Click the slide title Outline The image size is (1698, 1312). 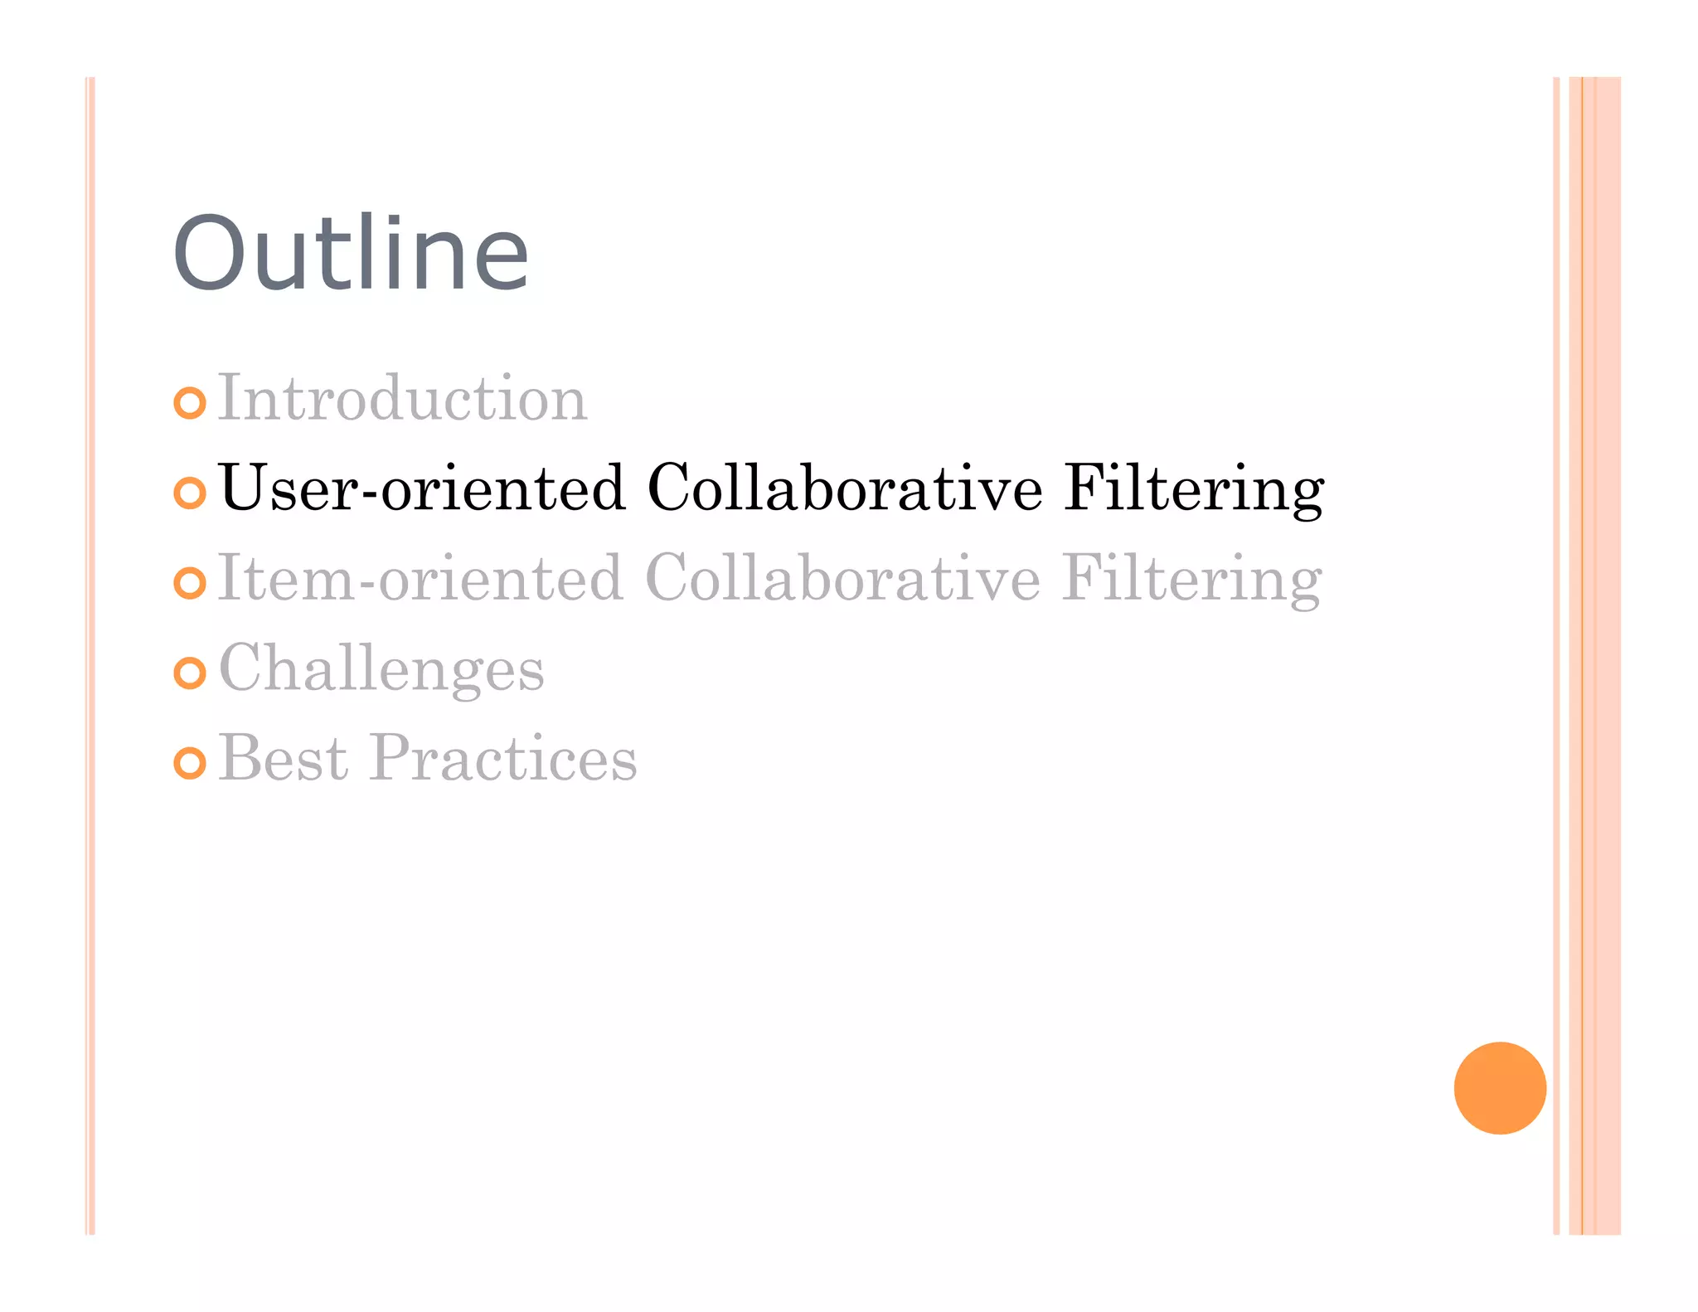pos(350,254)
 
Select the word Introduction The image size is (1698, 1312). pos(402,399)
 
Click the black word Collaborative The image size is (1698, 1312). pos(844,488)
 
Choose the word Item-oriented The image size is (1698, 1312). pos(420,578)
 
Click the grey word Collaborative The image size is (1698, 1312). pos(842,578)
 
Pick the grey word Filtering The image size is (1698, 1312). pos(1191,580)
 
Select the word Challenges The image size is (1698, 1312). pos(381,669)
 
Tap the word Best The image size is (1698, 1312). pos(283,759)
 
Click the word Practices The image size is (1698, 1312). pos(503,759)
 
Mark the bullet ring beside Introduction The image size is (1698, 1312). pos(190,403)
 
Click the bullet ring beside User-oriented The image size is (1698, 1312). pos(190,493)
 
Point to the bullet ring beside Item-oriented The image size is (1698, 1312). pos(190,583)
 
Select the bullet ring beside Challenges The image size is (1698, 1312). pos(190,673)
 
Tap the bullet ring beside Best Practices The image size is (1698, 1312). pos(190,763)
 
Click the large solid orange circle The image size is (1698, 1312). pos(1500,1087)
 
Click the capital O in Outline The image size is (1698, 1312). pos(208,254)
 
